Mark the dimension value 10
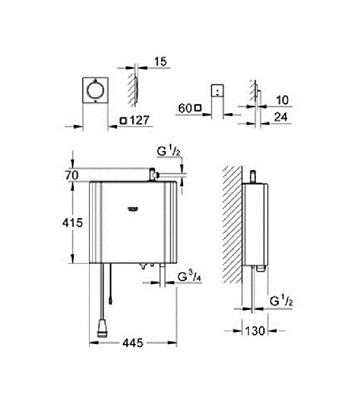point(282,100)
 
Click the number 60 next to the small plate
point(184,109)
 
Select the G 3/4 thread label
point(189,277)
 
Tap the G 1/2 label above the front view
point(167,151)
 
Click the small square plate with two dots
point(217,92)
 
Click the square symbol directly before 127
point(124,121)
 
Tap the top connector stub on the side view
point(253,175)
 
